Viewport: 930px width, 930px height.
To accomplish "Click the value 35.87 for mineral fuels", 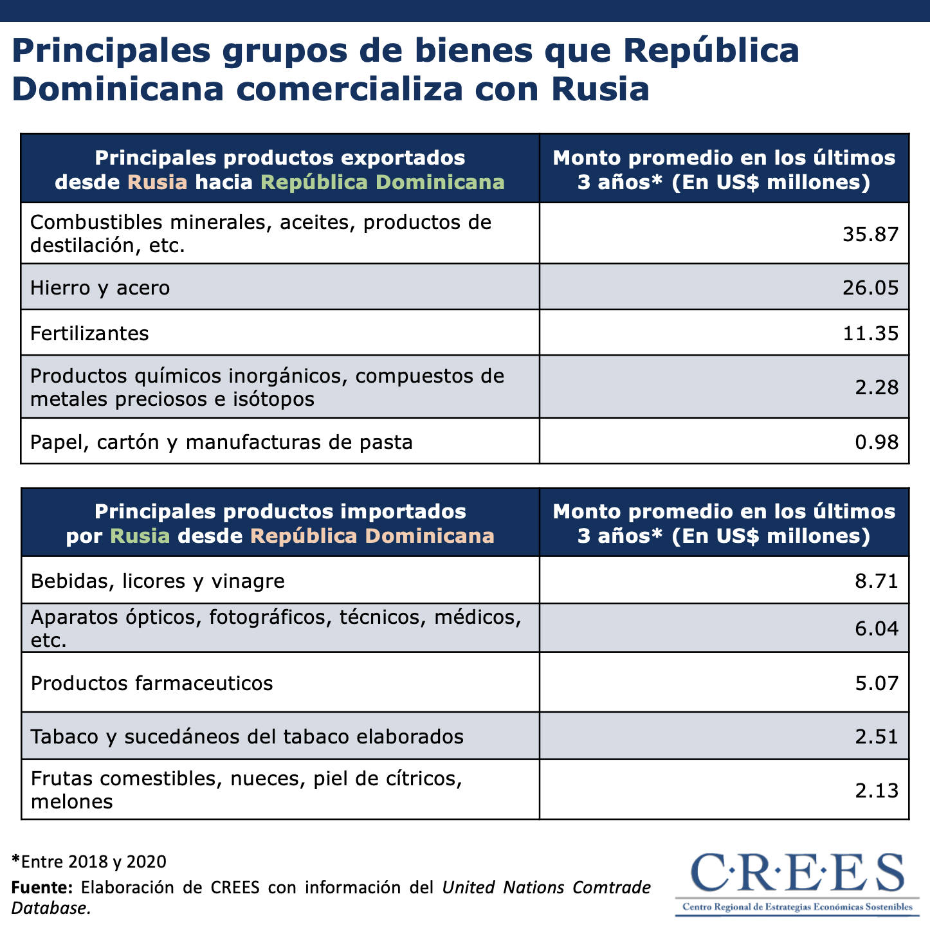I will [x=870, y=234].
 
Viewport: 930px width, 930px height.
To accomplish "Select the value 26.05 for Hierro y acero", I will [x=870, y=287].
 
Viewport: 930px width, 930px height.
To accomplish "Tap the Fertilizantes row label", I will [x=89, y=333].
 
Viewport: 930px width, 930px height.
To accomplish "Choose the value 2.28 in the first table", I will [x=877, y=387].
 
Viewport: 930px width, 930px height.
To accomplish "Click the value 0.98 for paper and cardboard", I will [x=877, y=442].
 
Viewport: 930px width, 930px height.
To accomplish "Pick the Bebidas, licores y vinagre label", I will [x=158, y=581].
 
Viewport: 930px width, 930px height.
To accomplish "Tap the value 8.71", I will [x=877, y=581].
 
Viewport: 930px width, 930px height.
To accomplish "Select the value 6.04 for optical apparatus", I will [x=877, y=628].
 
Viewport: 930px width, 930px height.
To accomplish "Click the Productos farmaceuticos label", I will [x=152, y=682].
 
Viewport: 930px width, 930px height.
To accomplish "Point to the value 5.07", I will [x=877, y=682].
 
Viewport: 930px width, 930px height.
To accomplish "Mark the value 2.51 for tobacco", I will [x=877, y=736].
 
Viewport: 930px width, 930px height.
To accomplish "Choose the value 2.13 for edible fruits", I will [x=877, y=790].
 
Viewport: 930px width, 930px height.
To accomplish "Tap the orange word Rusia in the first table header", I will [x=158, y=182].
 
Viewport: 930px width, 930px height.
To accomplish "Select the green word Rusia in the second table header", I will [x=140, y=536].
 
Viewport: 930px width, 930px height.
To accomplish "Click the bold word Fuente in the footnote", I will [x=41, y=888].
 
